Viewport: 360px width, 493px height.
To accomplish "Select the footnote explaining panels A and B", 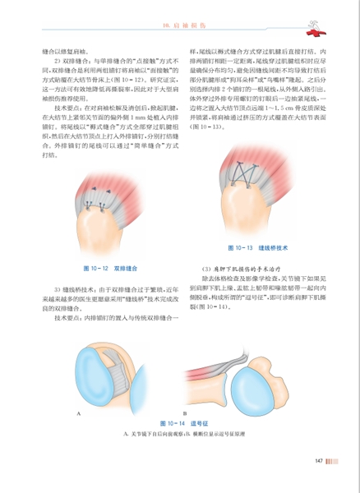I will click(174, 432).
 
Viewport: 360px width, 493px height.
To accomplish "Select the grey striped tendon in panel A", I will click(123, 377).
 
